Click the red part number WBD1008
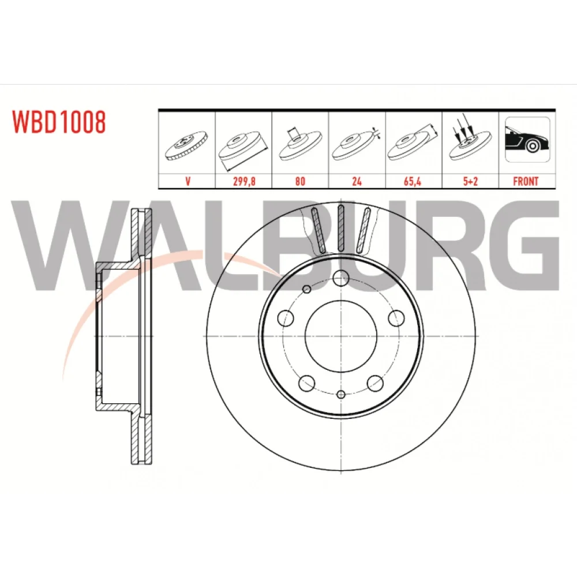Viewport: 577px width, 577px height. click(59, 122)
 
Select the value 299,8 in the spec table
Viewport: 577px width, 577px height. click(244, 181)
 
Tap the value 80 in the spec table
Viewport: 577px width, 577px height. click(300, 181)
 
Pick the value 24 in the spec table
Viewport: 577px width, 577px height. click(357, 181)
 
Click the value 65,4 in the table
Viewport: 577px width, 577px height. click(412, 181)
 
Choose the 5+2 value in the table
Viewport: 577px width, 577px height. click(470, 181)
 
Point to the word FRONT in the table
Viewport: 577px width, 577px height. click(526, 181)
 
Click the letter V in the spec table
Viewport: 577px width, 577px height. click(188, 181)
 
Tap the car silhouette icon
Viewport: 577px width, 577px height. click(527, 140)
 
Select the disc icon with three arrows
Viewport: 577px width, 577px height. click(470, 139)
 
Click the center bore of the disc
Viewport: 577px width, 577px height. click(341, 336)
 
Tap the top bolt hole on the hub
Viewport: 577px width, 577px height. click(341, 278)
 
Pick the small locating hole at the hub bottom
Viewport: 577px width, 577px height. click(341, 395)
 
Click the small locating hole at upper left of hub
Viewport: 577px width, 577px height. click(306, 289)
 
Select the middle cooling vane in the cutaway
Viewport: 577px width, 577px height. click(341, 228)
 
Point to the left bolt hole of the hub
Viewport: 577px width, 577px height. click(285, 318)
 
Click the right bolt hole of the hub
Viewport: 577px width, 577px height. click(396, 318)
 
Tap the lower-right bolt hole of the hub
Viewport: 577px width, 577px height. click(375, 384)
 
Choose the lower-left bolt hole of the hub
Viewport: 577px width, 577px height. click(306, 384)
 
